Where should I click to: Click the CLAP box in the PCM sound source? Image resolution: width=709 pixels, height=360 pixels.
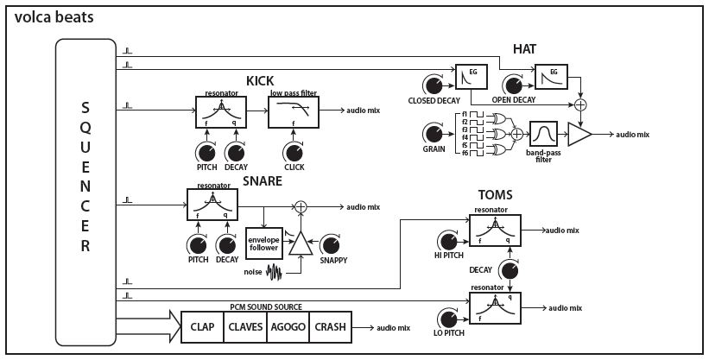click(x=201, y=328)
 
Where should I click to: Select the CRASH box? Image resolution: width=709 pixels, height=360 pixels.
click(x=330, y=328)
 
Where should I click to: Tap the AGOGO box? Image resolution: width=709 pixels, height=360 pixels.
click(x=287, y=328)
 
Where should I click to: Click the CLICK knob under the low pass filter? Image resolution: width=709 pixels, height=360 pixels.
click(x=293, y=152)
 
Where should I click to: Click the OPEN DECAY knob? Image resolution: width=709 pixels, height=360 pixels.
click(x=513, y=84)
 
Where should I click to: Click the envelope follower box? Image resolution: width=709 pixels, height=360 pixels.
click(x=263, y=243)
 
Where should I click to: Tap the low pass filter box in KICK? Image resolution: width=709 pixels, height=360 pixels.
click(x=293, y=111)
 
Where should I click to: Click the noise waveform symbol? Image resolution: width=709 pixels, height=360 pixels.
click(x=275, y=273)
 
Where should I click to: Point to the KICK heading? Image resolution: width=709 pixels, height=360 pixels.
click(x=259, y=81)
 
